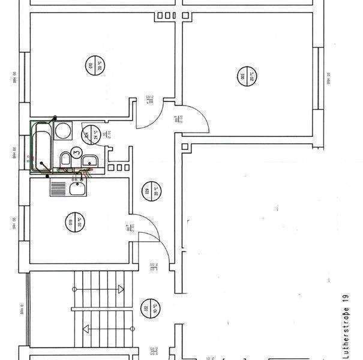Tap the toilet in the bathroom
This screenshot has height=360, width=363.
click(65, 158)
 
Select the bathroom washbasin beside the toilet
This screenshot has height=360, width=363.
click(89, 161)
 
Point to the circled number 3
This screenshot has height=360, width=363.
click(76, 152)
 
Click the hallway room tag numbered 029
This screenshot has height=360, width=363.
click(147, 191)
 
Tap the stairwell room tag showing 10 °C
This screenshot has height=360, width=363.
click(146, 309)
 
